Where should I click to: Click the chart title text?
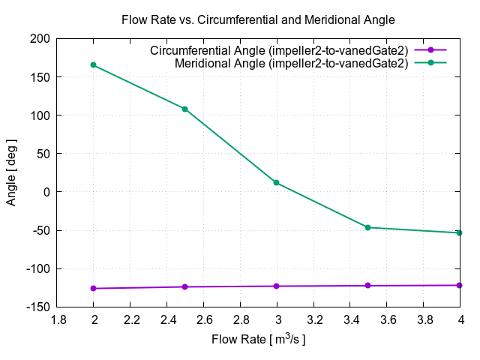coord(258,19)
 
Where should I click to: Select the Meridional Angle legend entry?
coord(291,63)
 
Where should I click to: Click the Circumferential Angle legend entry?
coord(279,51)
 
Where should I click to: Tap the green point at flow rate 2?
coord(94,65)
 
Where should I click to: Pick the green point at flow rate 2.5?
coord(185,109)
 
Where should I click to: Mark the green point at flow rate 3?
coord(277,182)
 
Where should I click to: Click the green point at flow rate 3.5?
coord(368,227)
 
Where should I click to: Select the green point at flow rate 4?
coord(460,232)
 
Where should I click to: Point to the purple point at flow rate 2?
coord(94,288)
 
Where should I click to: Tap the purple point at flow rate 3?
coord(277,286)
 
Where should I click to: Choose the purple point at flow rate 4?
coord(460,285)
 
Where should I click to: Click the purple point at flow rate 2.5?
coord(185,286)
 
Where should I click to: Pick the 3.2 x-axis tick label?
coord(313,319)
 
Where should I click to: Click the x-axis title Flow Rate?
coord(258,340)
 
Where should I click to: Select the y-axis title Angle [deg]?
coord(11,172)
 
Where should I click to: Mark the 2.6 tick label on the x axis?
coord(203,319)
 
